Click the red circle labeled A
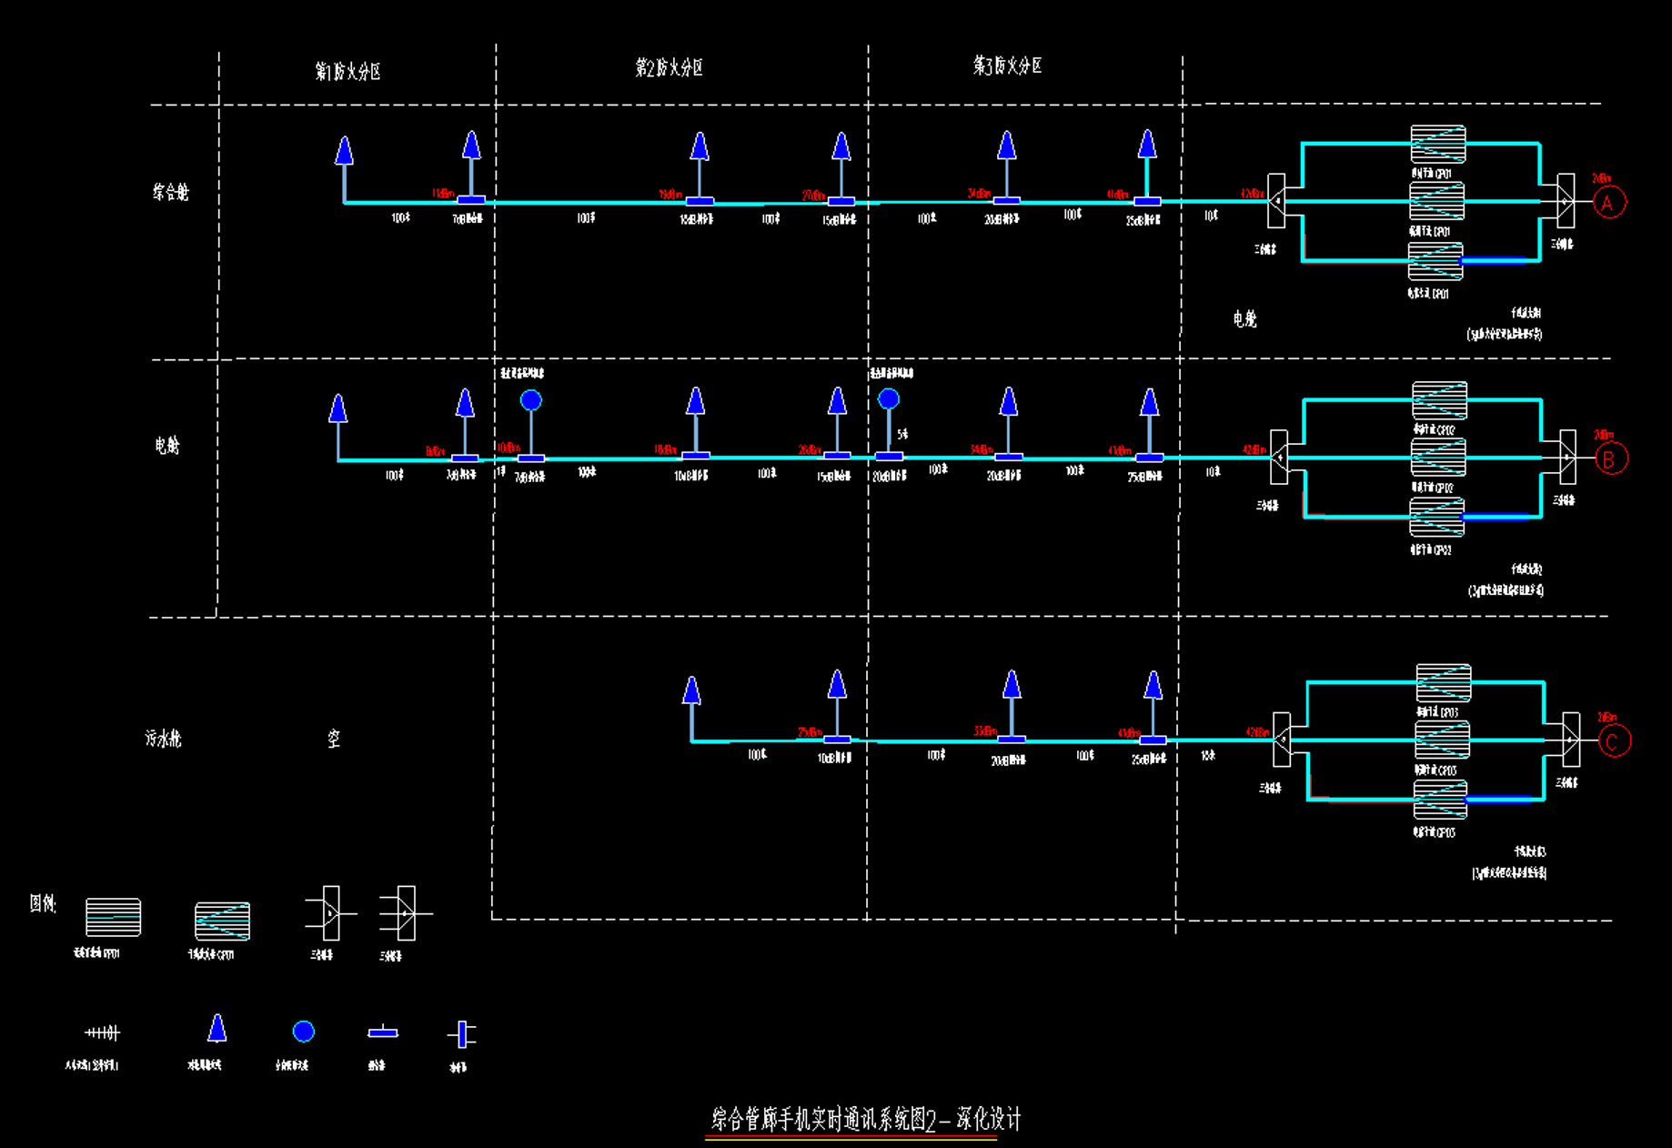click(x=1608, y=203)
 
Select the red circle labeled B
click(x=1610, y=459)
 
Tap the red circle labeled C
click(x=1614, y=741)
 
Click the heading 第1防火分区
click(x=347, y=71)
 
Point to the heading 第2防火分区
click(x=669, y=67)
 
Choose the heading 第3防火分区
click(x=1007, y=65)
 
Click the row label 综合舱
click(x=170, y=192)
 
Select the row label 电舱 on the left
click(x=167, y=445)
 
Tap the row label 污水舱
click(x=163, y=738)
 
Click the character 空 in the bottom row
click(x=334, y=738)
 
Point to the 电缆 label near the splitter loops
click(x=1244, y=318)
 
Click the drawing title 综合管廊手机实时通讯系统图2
click(x=864, y=1119)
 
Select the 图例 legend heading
click(x=43, y=903)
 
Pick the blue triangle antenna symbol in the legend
click(x=217, y=1029)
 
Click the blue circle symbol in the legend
click(x=304, y=1031)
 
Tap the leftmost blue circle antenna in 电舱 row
click(x=531, y=400)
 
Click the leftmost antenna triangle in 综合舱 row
click(x=344, y=151)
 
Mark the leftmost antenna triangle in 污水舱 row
click(x=691, y=691)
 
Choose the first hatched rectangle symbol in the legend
click(x=114, y=917)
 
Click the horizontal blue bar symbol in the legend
click(x=383, y=1032)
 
